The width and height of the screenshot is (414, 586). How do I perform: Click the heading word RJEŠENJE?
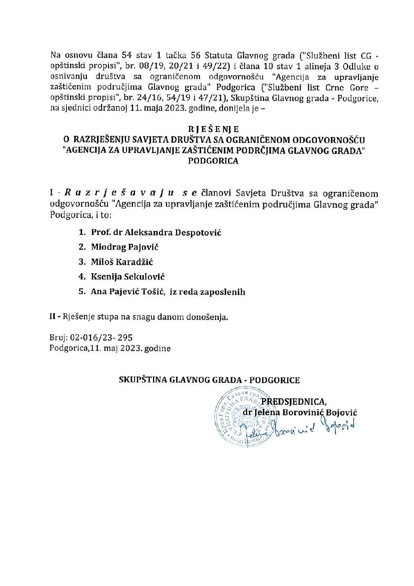click(x=213, y=129)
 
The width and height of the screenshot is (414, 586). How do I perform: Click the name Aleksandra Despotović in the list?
click(x=173, y=233)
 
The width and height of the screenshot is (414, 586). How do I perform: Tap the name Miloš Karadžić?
click(x=122, y=262)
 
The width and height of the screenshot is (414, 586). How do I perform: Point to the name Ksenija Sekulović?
click(x=128, y=277)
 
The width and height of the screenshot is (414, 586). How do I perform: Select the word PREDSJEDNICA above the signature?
click(x=293, y=402)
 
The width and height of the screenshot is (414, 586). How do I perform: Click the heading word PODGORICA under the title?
click(x=213, y=161)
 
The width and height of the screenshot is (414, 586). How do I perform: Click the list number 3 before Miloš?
click(x=82, y=262)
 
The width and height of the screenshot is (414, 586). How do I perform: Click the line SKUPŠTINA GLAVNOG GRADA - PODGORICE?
click(x=209, y=380)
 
